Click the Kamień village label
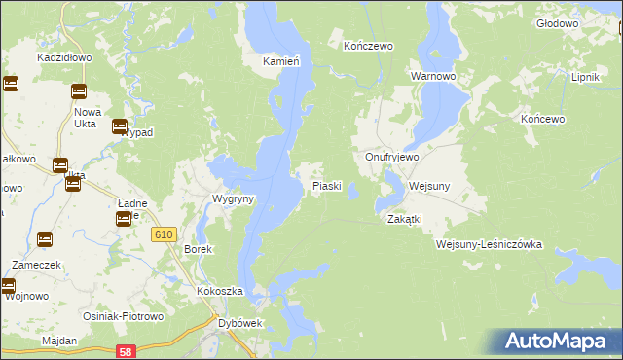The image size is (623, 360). [x=280, y=61]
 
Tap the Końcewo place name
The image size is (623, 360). [x=543, y=119]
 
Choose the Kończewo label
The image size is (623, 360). [x=368, y=46]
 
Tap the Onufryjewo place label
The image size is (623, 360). [x=391, y=157]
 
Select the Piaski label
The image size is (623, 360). [x=326, y=185]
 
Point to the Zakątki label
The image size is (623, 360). [x=404, y=219]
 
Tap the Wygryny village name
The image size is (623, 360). [x=234, y=198]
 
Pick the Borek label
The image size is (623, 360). [x=198, y=249]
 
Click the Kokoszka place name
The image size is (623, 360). [x=219, y=291]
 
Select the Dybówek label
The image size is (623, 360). [x=240, y=323]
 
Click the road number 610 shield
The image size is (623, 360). [x=163, y=234]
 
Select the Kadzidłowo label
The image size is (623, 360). [x=64, y=57]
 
